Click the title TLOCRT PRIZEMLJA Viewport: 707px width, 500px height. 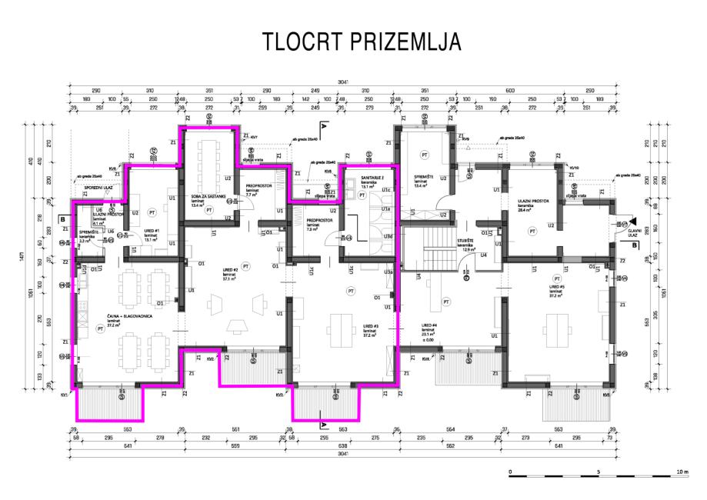(362, 44)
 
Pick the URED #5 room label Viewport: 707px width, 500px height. (555, 287)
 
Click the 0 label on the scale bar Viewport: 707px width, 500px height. (510, 470)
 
